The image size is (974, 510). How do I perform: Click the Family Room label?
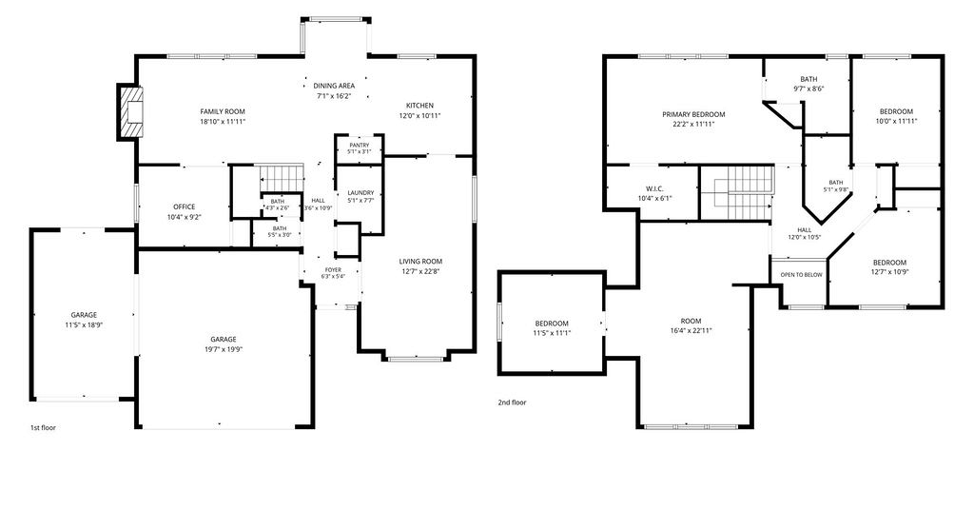[x=223, y=112]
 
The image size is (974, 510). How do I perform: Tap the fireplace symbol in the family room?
[x=130, y=112]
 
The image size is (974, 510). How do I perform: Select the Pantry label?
[x=359, y=146]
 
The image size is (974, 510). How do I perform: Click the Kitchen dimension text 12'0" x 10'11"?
[x=419, y=115]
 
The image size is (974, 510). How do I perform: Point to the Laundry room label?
[x=360, y=193]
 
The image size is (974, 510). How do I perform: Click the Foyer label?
[x=333, y=270]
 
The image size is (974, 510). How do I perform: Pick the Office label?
[x=184, y=206]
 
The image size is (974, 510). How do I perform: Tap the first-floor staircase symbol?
[x=281, y=179]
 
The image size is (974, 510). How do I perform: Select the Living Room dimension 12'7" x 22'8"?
[x=420, y=271]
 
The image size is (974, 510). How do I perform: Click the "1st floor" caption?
[x=43, y=427]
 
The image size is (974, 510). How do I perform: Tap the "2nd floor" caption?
[x=512, y=402]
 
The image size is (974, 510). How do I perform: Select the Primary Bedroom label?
[x=693, y=114]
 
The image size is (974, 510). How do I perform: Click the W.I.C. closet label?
[x=654, y=188]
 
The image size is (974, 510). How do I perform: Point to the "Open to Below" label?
[x=801, y=275]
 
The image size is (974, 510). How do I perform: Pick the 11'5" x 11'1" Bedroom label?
[x=552, y=324]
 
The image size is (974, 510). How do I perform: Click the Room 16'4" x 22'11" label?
[x=691, y=322]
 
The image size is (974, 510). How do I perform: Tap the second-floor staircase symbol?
[x=737, y=192]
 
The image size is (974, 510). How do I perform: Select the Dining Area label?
[x=334, y=86]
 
